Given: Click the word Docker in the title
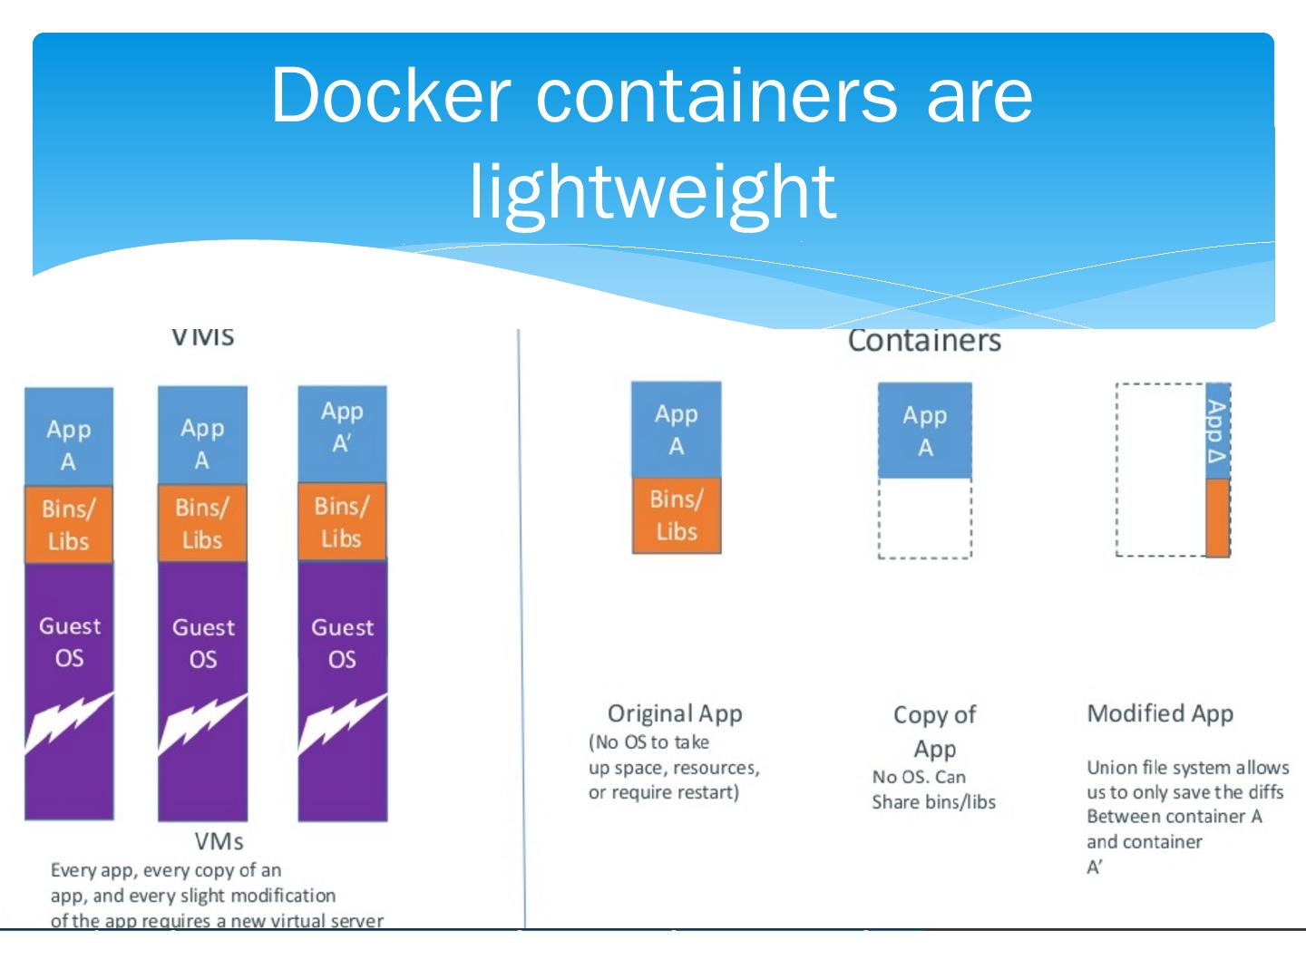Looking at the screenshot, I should [391, 95].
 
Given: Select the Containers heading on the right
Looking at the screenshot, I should [924, 341].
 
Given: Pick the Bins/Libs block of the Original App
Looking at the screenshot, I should [677, 515].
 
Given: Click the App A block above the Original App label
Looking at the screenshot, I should [677, 430].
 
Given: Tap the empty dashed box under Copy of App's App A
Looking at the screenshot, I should [924, 518].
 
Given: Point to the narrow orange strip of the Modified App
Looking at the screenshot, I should [1218, 517].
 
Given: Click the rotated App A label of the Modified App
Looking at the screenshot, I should [1217, 431].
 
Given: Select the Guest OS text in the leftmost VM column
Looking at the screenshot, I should [70, 642].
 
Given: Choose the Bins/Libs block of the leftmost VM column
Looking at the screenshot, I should [69, 524].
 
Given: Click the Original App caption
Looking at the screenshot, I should [675, 713].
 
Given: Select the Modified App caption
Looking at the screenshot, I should [1160, 713].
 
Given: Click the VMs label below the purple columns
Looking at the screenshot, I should [219, 841].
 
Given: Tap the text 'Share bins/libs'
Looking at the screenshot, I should [933, 802].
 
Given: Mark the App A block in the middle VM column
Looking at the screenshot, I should [202, 443].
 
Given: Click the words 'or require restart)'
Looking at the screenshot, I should [664, 792].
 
